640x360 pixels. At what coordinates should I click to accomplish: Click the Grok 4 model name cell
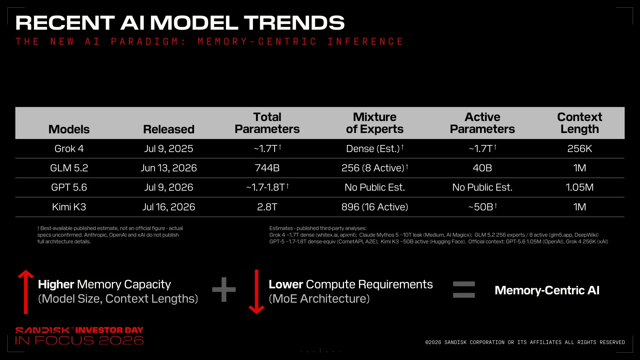[x=69, y=149]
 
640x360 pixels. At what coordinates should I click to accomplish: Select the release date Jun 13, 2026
[x=169, y=168]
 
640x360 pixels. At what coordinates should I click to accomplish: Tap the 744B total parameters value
[x=267, y=168]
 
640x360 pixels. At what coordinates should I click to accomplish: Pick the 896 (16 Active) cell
[x=375, y=207]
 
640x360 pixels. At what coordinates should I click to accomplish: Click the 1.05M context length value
[x=580, y=187]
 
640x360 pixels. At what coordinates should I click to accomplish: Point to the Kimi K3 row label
[x=69, y=207]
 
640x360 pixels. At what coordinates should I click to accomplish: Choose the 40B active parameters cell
[x=482, y=168]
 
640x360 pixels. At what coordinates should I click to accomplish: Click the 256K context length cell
[x=580, y=149]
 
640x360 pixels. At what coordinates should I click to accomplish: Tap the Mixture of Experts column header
[x=375, y=123]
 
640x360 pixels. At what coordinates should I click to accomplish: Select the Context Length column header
[x=580, y=123]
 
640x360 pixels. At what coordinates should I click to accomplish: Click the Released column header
[x=169, y=129]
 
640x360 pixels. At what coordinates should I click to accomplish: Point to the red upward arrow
[x=26, y=292]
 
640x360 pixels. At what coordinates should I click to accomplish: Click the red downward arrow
[x=257, y=292]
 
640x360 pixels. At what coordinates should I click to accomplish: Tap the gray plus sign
[x=224, y=289]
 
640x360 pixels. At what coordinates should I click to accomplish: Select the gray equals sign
[x=464, y=289]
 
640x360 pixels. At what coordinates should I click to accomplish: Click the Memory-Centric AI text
[x=547, y=290]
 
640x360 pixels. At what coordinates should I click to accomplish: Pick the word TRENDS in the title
[x=294, y=23]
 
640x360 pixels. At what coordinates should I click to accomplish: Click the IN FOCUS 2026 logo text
[x=79, y=340]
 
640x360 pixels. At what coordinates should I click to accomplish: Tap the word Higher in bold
[x=56, y=284]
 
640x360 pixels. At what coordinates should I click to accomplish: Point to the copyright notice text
[x=525, y=342]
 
